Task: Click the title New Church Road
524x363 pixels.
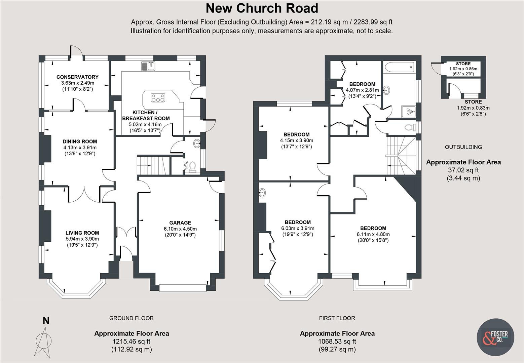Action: [262, 8]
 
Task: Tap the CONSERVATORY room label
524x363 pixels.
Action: [77, 77]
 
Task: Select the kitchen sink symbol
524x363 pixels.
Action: [148, 66]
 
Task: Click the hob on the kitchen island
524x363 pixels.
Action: [158, 98]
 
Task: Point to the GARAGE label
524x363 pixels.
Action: [180, 223]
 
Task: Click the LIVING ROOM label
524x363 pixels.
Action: [82, 233]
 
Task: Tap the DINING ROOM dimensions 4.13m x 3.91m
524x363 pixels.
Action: [80, 148]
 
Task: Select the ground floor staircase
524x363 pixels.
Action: [153, 165]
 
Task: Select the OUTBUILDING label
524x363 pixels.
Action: [463, 147]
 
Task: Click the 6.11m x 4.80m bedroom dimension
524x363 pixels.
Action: [373, 234]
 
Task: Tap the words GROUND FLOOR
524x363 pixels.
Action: [131, 318]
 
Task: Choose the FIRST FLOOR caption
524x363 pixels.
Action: [337, 318]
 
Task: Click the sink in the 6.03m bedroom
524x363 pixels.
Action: [263, 193]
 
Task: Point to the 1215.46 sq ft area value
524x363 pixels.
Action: [132, 341]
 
